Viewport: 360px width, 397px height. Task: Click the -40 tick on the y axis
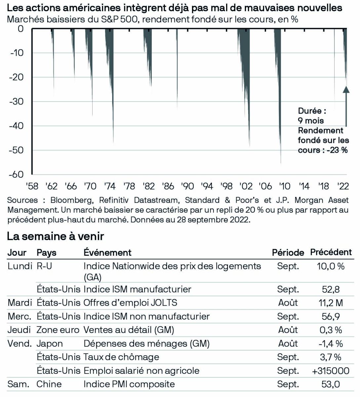pyautogui.click(x=17, y=126)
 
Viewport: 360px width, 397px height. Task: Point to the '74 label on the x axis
pyautogui.click(x=110, y=186)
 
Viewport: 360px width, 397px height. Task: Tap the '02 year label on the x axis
pyautogui.click(x=246, y=186)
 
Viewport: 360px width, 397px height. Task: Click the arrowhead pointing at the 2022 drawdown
pyautogui.click(x=346, y=89)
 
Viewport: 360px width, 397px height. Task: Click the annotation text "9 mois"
pyautogui.click(x=311, y=120)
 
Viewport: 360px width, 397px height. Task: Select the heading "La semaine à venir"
pyautogui.click(x=55, y=236)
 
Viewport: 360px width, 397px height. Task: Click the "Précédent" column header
pyautogui.click(x=331, y=252)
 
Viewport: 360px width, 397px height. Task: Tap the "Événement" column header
pyautogui.click(x=107, y=252)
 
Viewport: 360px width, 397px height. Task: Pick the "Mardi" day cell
pyautogui.click(x=20, y=303)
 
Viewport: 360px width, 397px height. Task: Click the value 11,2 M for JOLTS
pyautogui.click(x=331, y=303)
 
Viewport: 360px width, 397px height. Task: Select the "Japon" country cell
pyautogui.click(x=50, y=343)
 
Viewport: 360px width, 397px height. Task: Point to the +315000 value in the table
pyautogui.click(x=331, y=371)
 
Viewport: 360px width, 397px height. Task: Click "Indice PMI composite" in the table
pyautogui.click(x=129, y=384)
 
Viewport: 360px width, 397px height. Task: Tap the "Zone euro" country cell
pyautogui.click(x=58, y=330)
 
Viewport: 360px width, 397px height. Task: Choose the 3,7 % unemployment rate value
pyautogui.click(x=331, y=357)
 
